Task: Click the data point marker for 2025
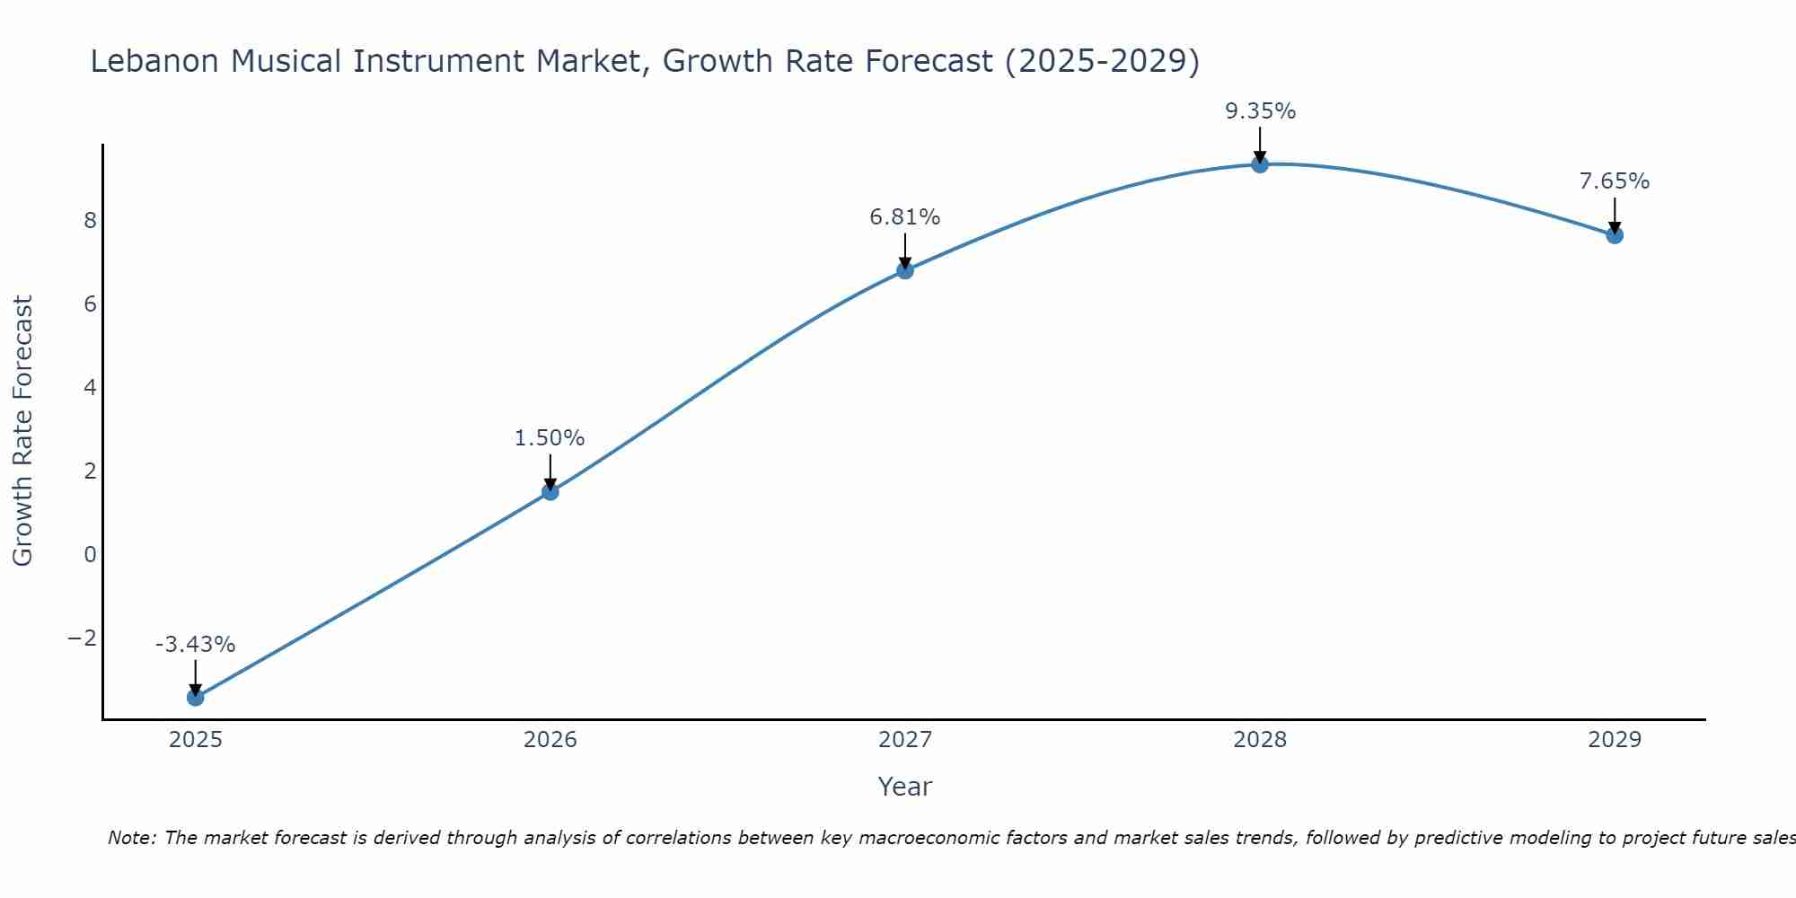[x=196, y=697]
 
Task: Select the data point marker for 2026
[x=550, y=491]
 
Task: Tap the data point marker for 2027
[x=905, y=270]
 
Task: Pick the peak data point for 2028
[x=1260, y=164]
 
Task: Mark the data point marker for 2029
[x=1615, y=235]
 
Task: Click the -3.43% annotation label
[x=195, y=645]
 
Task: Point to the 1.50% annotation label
[x=550, y=438]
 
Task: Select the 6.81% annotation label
[x=904, y=217]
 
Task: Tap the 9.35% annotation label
[x=1260, y=111]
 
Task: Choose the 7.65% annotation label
[x=1615, y=181]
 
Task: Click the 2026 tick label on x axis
[x=550, y=740]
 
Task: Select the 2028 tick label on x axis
[x=1260, y=740]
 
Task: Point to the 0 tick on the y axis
[x=90, y=555]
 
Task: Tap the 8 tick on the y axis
[x=90, y=221]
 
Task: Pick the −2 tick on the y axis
[x=83, y=638]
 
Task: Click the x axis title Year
[x=904, y=787]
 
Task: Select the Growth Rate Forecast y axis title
[x=22, y=431]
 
